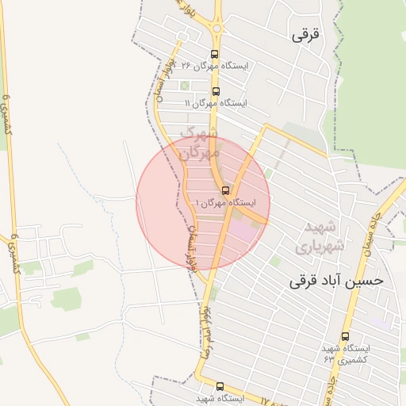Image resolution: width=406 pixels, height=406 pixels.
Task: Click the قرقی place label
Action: (309, 35)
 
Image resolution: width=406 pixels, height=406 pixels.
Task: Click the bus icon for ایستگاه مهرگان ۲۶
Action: (214, 54)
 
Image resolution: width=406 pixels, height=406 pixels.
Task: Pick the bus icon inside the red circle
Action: (226, 190)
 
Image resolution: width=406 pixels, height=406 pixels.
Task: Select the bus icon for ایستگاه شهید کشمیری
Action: (345, 336)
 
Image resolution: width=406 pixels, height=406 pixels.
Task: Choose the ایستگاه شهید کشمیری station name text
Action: (347, 354)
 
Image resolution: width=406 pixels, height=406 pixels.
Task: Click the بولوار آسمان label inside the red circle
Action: (191, 245)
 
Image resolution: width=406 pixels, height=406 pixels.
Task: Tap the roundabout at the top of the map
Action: (217, 30)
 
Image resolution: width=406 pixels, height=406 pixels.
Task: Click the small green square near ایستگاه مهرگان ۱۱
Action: (185, 86)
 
